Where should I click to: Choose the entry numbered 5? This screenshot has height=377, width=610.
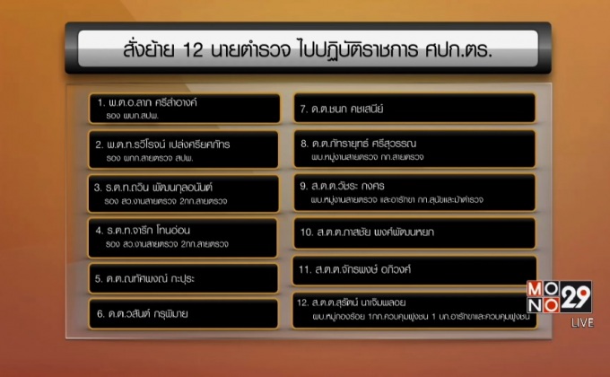click(146, 278)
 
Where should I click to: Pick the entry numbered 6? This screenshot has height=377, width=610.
click(149, 314)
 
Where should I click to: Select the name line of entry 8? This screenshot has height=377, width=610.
click(371, 144)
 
